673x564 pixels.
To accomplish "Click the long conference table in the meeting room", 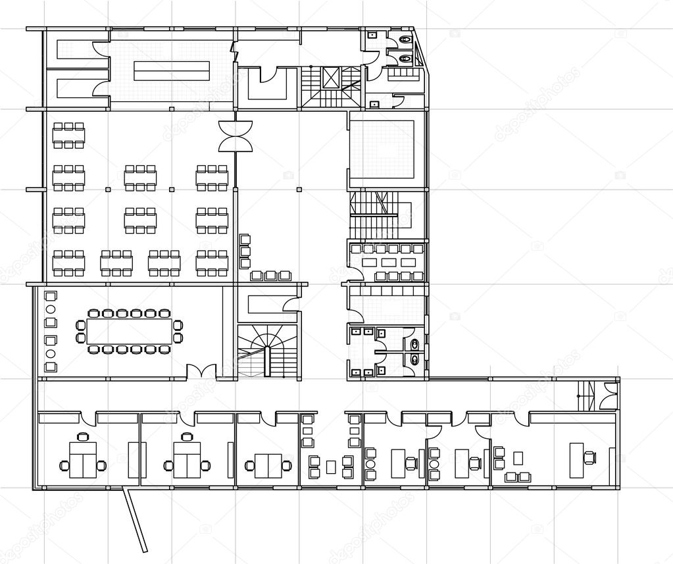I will click(x=129, y=331).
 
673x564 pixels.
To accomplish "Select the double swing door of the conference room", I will click(x=201, y=371).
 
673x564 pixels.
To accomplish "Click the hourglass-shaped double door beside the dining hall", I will click(x=236, y=134).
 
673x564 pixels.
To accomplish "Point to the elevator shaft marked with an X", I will click(x=330, y=78).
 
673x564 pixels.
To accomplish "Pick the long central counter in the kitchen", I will click(x=172, y=70).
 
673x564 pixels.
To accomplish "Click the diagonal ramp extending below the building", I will click(x=136, y=520).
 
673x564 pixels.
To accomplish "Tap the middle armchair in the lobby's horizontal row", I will click(x=271, y=275).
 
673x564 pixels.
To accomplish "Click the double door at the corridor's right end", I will click(x=609, y=396).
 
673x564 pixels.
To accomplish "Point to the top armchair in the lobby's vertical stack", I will click(x=245, y=240).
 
